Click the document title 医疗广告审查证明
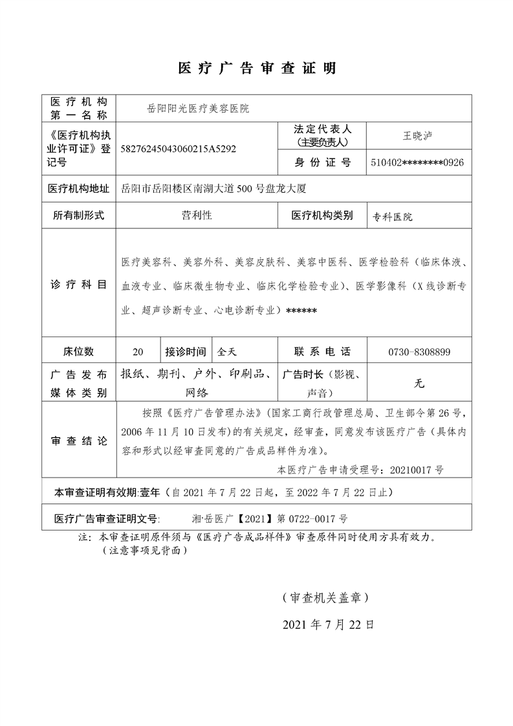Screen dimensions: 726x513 256,69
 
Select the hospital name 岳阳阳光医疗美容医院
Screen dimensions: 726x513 198,109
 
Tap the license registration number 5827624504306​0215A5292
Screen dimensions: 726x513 179,149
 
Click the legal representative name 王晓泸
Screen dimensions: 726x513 418,136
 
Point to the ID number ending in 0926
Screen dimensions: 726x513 417,162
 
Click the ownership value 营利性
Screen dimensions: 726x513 197,215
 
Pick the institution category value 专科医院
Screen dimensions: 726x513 392,217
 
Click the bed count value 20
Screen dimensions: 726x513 138,352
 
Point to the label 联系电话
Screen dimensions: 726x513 322,352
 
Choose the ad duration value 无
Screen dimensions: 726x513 419,383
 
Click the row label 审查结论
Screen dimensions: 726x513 78,441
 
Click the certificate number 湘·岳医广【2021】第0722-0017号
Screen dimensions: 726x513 270,519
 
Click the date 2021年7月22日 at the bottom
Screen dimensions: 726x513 329,625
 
